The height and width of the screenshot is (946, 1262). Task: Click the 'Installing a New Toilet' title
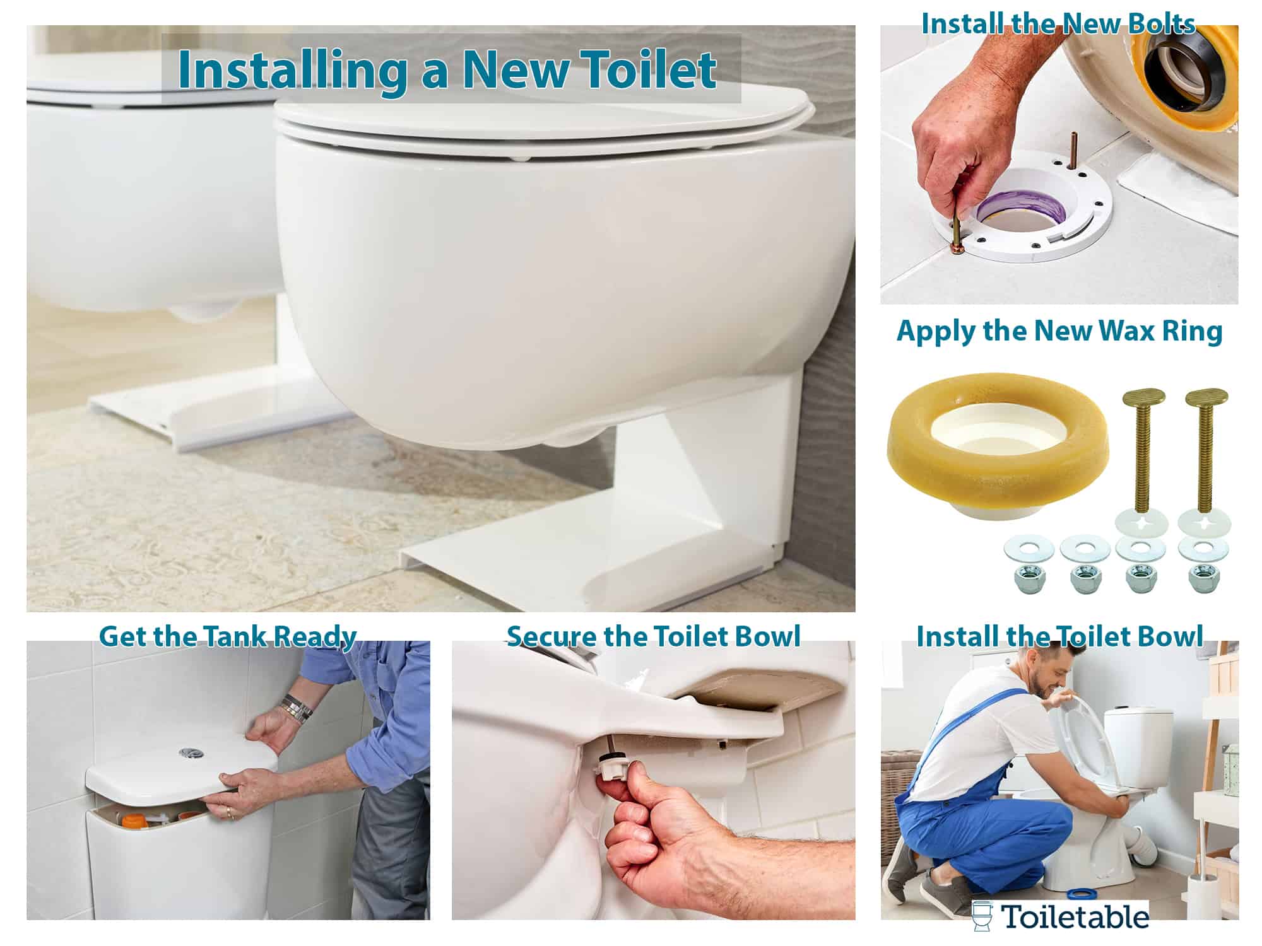coord(447,69)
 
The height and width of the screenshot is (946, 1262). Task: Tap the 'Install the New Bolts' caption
coord(1058,24)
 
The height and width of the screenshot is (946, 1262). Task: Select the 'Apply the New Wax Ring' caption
coord(1059,331)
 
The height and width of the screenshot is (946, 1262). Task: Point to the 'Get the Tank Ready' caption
coord(228,636)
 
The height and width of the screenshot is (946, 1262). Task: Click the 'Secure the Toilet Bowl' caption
coord(654,636)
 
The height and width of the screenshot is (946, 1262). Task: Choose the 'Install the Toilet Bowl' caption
coord(1059,636)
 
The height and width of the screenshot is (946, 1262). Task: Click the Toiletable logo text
coord(1076,917)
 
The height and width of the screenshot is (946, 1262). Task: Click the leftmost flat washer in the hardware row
coord(1029,547)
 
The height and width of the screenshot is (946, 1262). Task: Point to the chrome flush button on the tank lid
coord(189,752)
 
